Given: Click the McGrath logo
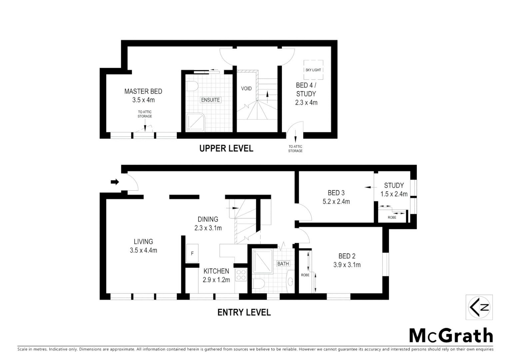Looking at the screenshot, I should coord(451,335).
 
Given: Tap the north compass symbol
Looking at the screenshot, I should coord(479,307).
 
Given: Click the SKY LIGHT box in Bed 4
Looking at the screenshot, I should coord(313,70).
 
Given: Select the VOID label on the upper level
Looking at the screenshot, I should coord(246,89).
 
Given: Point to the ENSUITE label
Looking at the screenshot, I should coord(210,100).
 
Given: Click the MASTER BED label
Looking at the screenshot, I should coord(143,91).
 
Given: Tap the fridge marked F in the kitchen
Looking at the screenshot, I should coord(192,253).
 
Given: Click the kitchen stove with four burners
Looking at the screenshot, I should coord(241,275).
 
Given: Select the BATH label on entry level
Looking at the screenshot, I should coord(283,264).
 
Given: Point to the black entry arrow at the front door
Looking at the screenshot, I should coord(115,182).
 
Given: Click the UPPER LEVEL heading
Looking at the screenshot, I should coord(226,148).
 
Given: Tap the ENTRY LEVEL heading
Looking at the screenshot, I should coord(244,312).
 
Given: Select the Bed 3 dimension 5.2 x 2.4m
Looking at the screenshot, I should coord(336,202).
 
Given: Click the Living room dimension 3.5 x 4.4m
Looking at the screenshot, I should coord(143,250).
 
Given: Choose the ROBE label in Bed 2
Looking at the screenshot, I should coord(305,275).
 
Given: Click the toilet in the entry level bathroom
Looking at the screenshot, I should coord(258,284).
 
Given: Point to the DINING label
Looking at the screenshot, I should coord(208,219).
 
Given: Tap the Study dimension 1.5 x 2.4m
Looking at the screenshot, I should coord(394,194).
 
